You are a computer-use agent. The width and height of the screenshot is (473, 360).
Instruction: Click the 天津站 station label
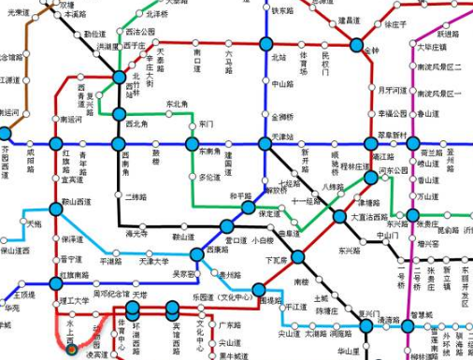(x=282, y=137)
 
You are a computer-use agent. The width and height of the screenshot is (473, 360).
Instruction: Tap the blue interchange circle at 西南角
(x=120, y=145)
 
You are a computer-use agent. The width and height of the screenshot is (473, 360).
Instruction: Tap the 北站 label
(x=279, y=57)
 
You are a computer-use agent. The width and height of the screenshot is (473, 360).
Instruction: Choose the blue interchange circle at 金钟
(x=357, y=44)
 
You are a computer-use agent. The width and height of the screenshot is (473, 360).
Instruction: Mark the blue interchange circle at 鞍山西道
(x=55, y=202)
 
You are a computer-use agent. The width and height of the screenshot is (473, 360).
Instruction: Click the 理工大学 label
(x=73, y=300)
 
